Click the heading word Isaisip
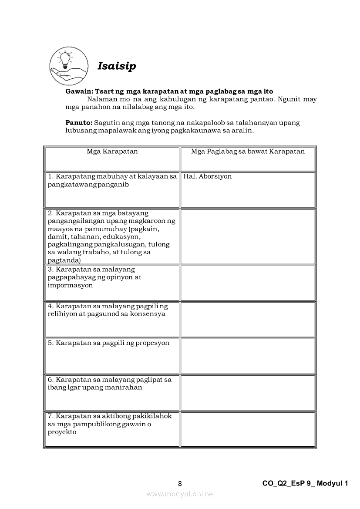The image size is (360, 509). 117,66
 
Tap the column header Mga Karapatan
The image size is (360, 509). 112,152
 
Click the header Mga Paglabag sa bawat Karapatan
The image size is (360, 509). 248,152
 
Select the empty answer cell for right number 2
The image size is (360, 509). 248,236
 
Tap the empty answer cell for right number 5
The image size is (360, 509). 248,356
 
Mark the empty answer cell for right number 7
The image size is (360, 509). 248,429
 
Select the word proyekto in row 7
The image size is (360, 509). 62,432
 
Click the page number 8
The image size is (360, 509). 180,483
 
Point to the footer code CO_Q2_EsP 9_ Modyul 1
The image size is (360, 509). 305,483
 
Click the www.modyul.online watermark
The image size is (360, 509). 180,494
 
